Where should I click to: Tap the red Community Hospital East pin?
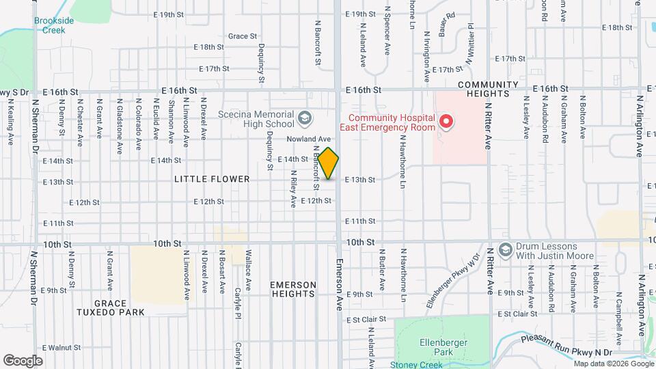pos(446,122)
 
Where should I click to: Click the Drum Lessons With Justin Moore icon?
pos(506,249)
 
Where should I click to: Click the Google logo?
pos(23,360)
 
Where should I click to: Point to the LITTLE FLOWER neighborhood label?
pos(212,179)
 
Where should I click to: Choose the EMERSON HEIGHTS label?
pos(293,289)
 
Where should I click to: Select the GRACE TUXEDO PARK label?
pos(111,307)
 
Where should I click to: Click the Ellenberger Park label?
pos(443,347)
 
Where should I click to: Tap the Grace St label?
pos(243,36)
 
